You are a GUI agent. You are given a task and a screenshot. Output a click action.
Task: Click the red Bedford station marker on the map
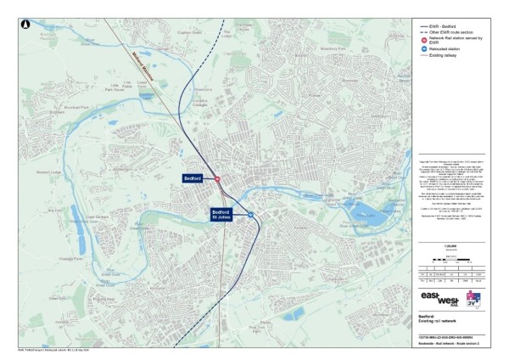(217, 178)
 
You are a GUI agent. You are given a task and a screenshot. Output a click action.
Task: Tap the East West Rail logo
(439, 298)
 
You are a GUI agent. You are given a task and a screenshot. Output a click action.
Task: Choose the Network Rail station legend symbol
(424, 40)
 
